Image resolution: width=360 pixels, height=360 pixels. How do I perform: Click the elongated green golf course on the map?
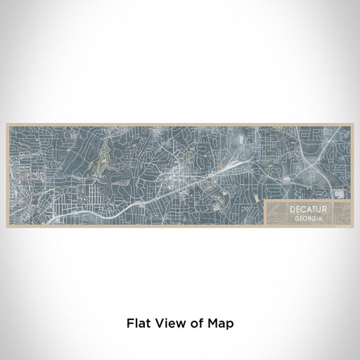coord(106,151)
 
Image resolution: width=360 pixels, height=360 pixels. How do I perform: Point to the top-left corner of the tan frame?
coord(7,124)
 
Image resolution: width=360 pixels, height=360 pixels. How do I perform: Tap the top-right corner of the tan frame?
coord(353,124)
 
